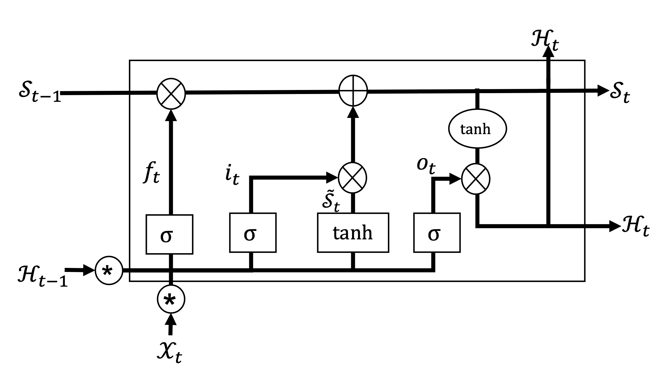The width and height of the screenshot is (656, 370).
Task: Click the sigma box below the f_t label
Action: point(169,234)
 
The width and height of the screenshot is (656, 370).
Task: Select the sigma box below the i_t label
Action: point(253,232)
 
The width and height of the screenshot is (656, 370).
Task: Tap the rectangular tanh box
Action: point(353,232)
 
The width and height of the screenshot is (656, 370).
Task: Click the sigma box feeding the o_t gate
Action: point(436,232)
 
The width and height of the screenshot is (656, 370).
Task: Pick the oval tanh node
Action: point(477,129)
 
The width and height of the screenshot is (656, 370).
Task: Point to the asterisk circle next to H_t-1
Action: point(109,271)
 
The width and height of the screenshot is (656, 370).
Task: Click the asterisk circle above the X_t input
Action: point(171,300)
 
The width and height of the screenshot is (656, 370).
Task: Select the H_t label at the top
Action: point(545,40)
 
